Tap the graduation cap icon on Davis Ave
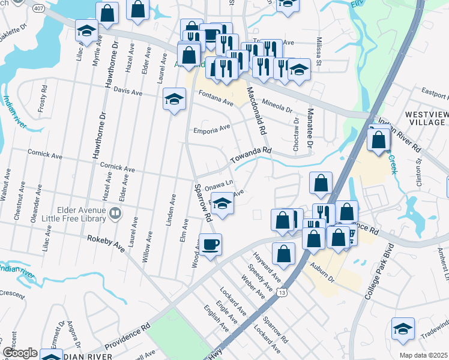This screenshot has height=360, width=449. pyautogui.click(x=174, y=99)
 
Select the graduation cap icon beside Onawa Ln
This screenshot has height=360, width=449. pyautogui.click(x=222, y=204)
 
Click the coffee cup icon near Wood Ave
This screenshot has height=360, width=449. pyautogui.click(x=211, y=245)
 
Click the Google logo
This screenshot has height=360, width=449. pyautogui.click(x=20, y=353)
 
